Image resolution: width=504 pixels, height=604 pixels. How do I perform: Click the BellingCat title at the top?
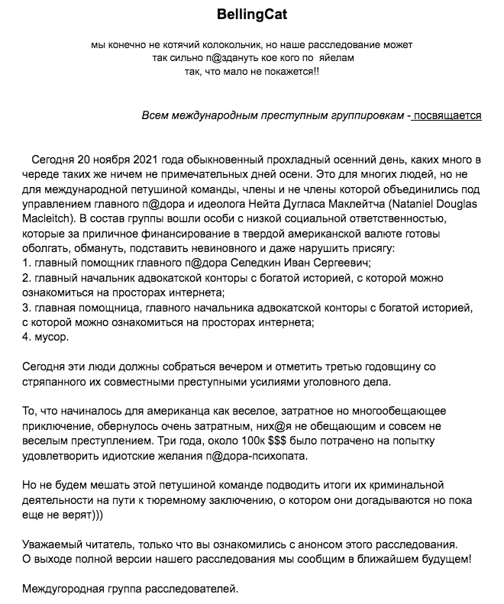coord(252,15)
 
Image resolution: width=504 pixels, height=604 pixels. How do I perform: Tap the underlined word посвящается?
coord(447,115)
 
